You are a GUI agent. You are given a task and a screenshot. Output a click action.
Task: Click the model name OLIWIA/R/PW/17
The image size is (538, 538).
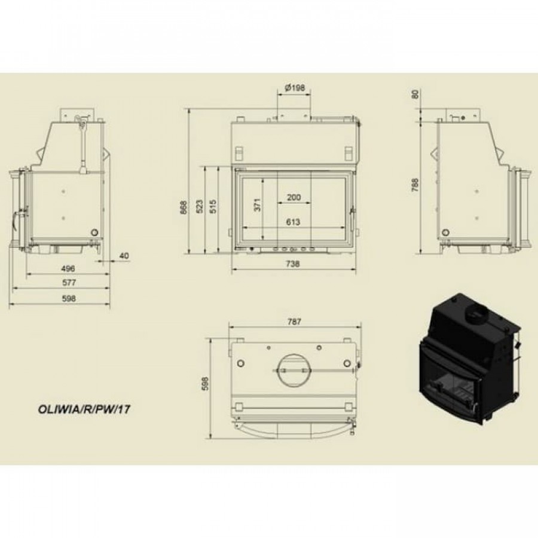pos(84,409)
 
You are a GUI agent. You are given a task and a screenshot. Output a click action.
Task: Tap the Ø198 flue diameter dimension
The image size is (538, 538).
pos(294,88)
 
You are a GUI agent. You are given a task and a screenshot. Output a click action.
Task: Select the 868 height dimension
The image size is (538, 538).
pos(184,207)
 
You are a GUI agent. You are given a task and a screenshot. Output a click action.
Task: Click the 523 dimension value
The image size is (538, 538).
pos(200,207)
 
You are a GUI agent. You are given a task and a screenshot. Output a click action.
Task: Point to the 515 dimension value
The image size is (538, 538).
pos(213,207)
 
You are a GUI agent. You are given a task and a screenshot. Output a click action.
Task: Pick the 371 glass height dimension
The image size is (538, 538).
pos(257,205)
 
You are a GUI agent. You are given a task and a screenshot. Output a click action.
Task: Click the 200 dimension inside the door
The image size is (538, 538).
pos(294,197)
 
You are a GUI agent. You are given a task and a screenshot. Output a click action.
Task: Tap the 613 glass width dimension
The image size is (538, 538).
pos(293,222)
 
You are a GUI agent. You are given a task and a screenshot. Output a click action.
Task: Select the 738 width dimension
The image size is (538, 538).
pos(292,264)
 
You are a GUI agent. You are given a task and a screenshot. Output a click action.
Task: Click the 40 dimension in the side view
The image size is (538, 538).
pos(124,256)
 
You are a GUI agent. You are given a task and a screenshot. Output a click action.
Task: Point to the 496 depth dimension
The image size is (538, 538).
pos(68,268)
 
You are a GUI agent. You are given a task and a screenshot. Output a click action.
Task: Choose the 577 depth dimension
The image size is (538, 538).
pos(69,283)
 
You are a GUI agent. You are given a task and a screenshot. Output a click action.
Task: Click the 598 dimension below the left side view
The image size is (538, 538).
pos(69,298)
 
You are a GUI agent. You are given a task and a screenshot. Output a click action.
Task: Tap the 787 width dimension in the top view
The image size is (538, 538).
pos(294,322)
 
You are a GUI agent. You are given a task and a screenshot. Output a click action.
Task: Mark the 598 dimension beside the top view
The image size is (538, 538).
pos(205,384)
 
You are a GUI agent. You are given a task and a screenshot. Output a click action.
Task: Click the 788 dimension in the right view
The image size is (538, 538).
pos(415,184)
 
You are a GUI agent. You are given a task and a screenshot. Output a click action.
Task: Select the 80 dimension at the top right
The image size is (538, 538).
pos(415,94)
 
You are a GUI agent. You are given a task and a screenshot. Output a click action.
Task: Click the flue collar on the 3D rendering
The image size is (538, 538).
pos(476,311)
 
